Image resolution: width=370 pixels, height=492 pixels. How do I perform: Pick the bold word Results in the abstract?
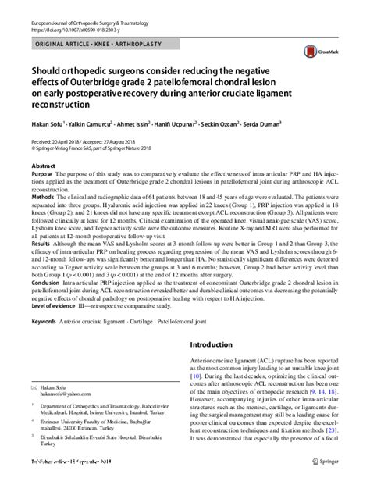(x=42, y=243)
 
